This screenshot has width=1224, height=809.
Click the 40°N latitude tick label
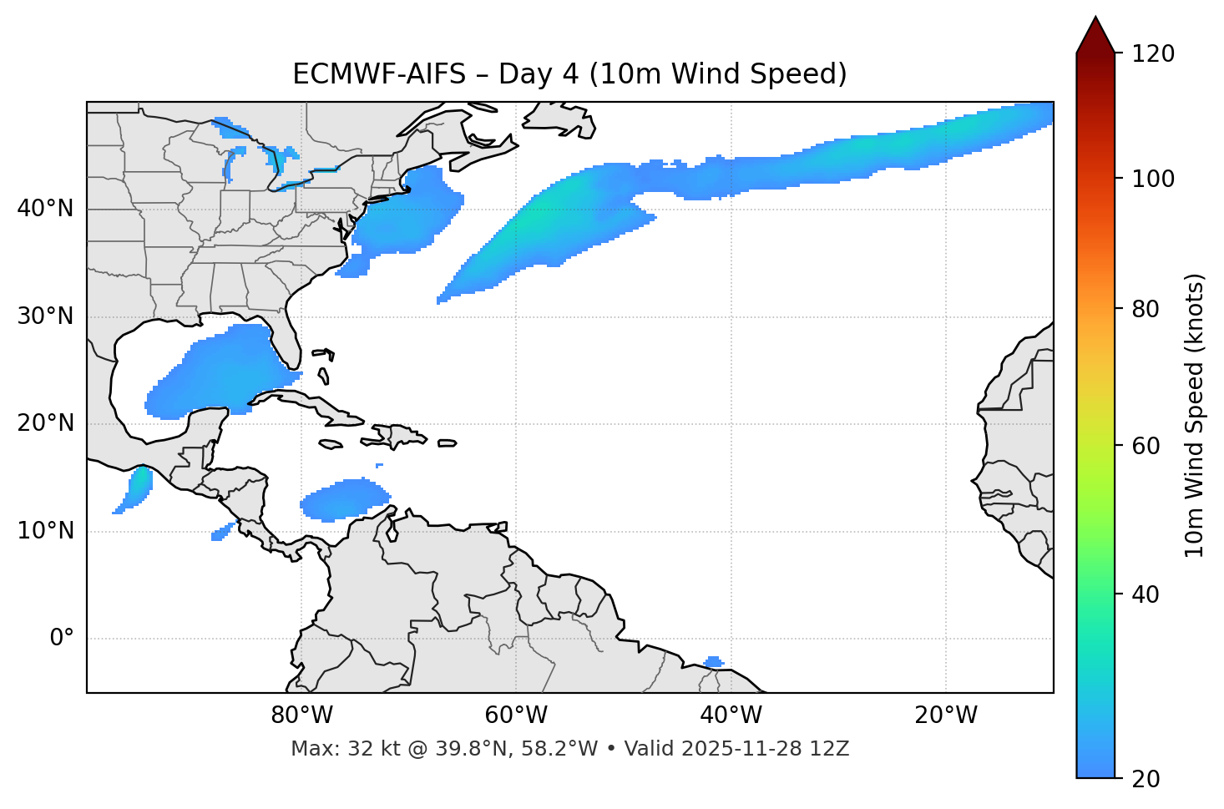[x=45, y=209]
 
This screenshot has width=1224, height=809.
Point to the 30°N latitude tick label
[x=45, y=316]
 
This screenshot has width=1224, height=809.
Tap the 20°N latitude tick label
[x=45, y=423]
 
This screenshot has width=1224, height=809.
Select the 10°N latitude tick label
[x=45, y=531]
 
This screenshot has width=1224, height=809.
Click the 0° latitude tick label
[x=62, y=639]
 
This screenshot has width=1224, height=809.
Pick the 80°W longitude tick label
[x=301, y=715]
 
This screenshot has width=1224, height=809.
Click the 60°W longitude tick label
[x=516, y=715]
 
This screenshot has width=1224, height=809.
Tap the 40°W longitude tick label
[x=731, y=715]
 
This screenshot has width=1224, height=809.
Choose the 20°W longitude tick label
[x=946, y=715]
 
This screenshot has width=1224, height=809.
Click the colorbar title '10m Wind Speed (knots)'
[x=1195, y=415]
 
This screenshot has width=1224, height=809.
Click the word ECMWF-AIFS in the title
[x=379, y=74]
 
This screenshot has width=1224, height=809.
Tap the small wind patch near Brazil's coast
[x=713, y=662]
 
